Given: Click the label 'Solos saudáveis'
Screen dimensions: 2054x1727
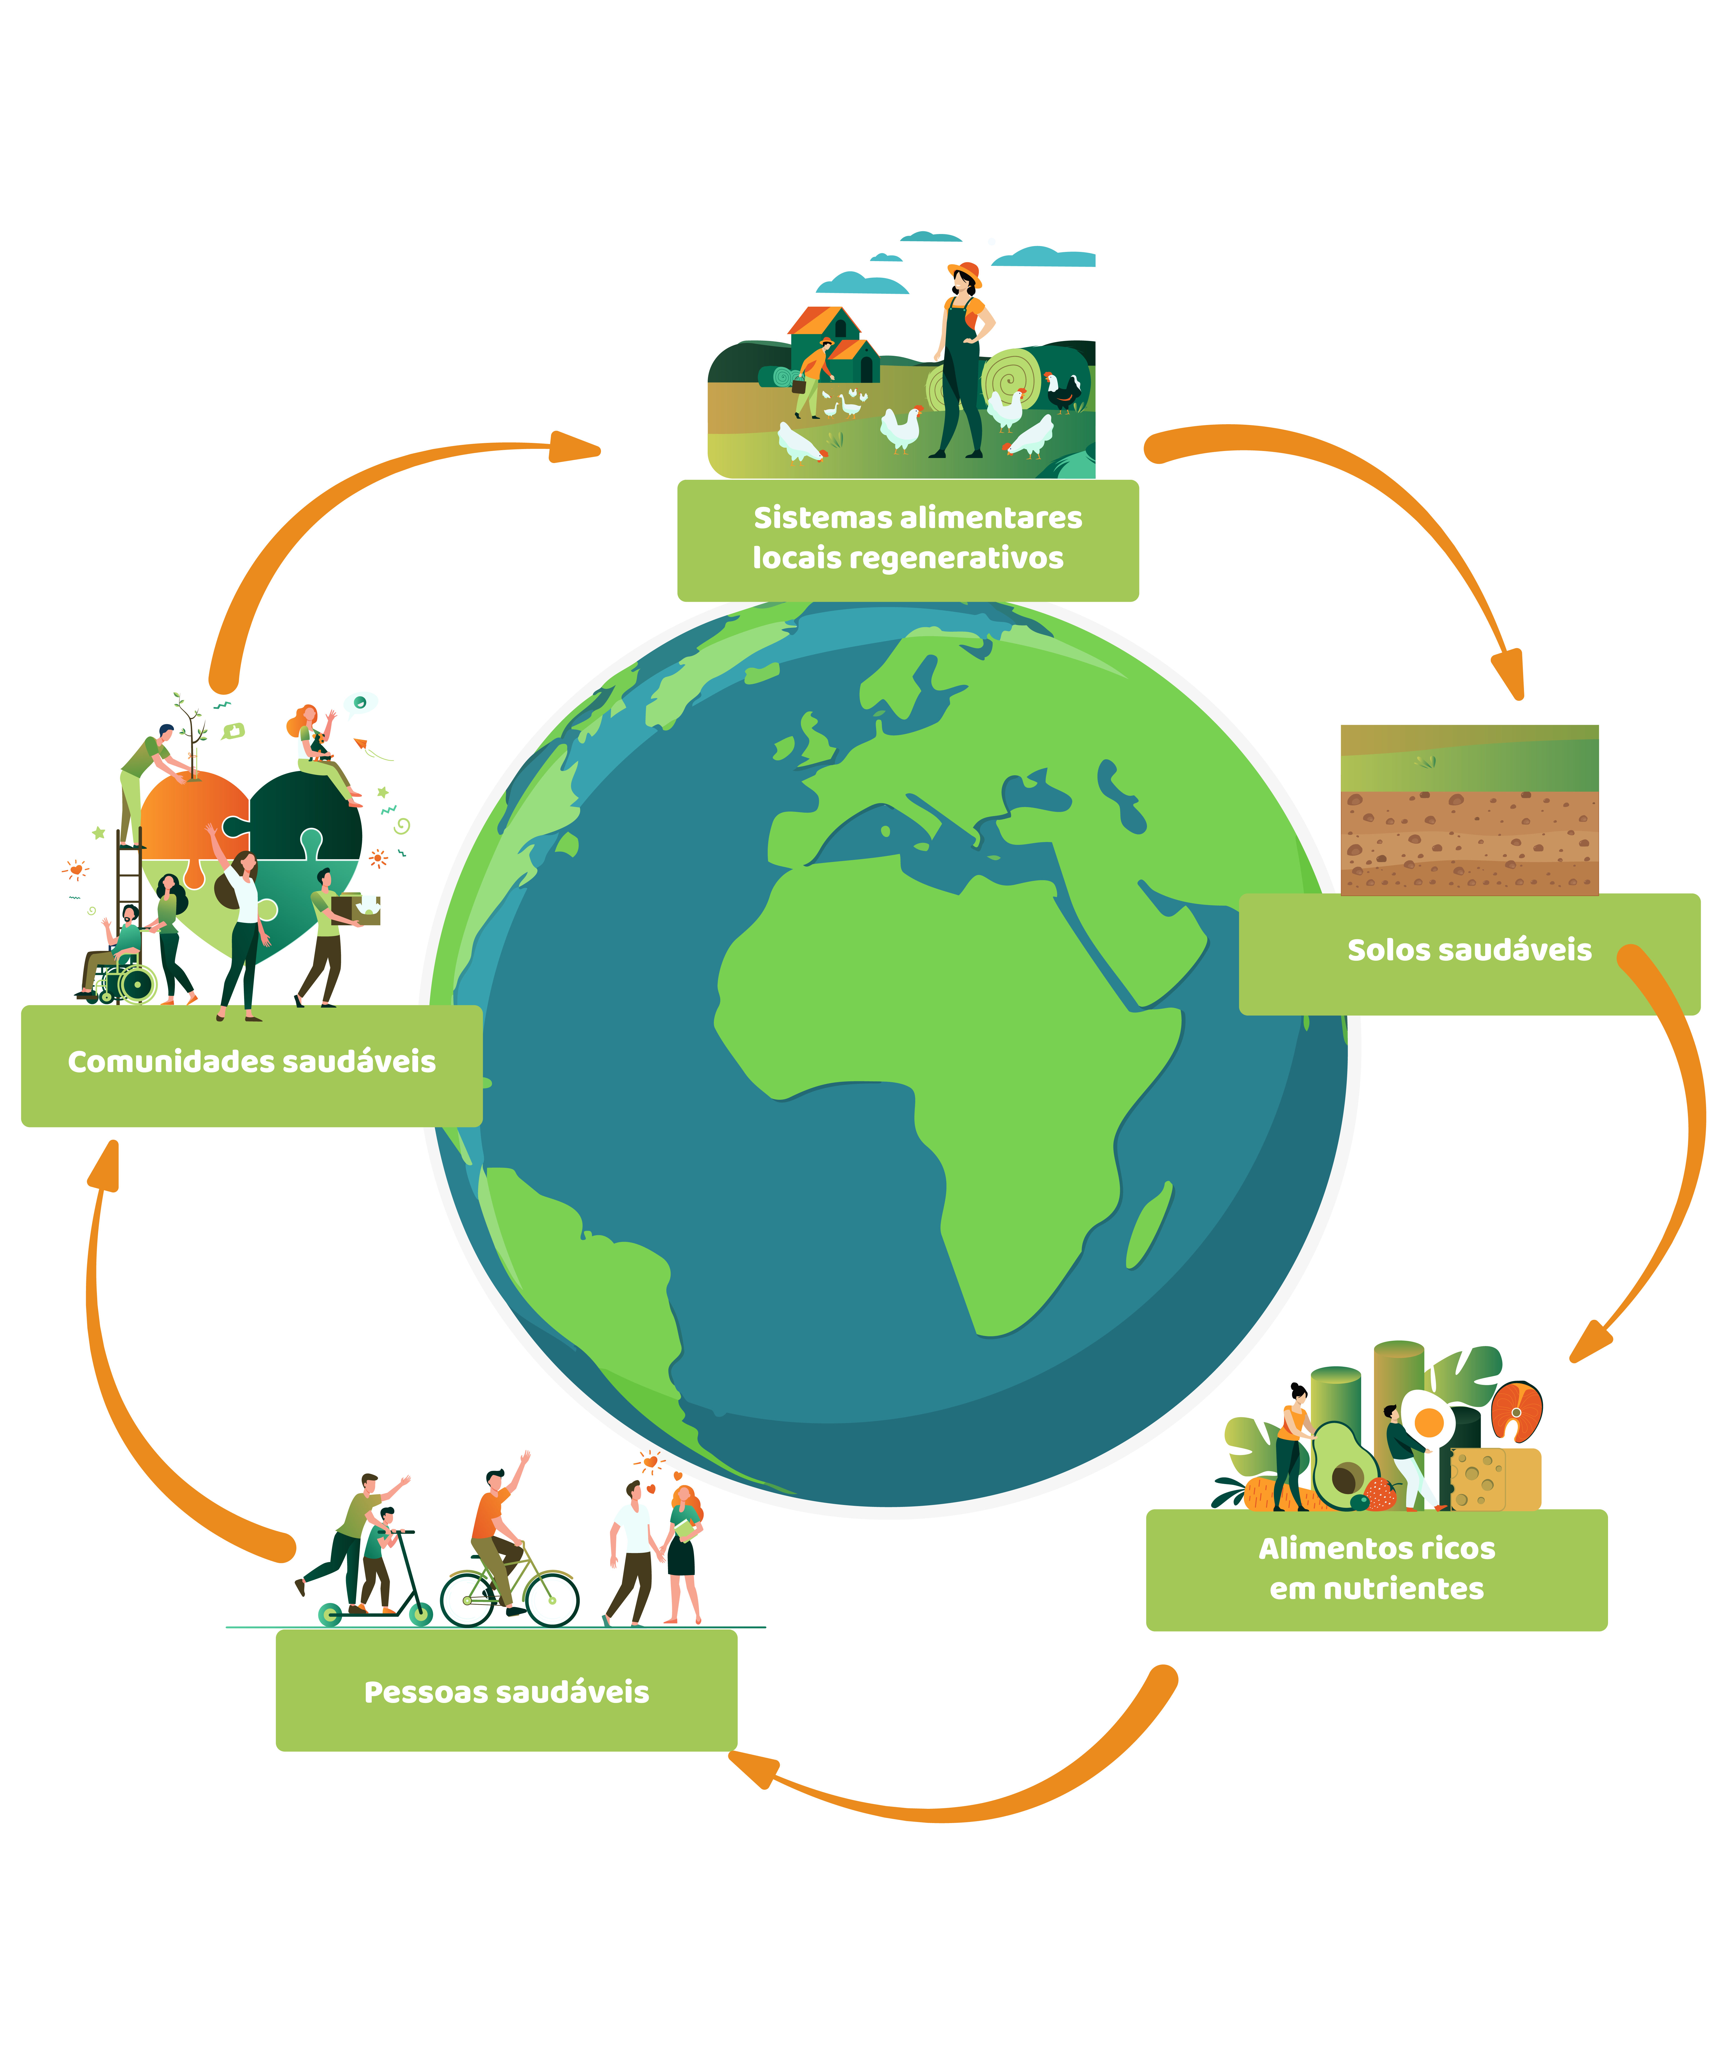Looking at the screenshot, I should click(x=1469, y=950).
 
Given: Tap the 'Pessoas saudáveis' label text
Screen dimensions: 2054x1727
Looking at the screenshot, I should click(x=506, y=1692).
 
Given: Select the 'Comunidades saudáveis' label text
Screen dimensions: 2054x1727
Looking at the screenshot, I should click(x=252, y=1061).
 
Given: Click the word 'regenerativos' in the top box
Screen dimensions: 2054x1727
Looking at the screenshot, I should click(x=956, y=558).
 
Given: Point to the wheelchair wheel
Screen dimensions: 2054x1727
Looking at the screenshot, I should click(x=137, y=984).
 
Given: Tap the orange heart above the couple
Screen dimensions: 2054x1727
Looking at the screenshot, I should click(x=650, y=1462).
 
